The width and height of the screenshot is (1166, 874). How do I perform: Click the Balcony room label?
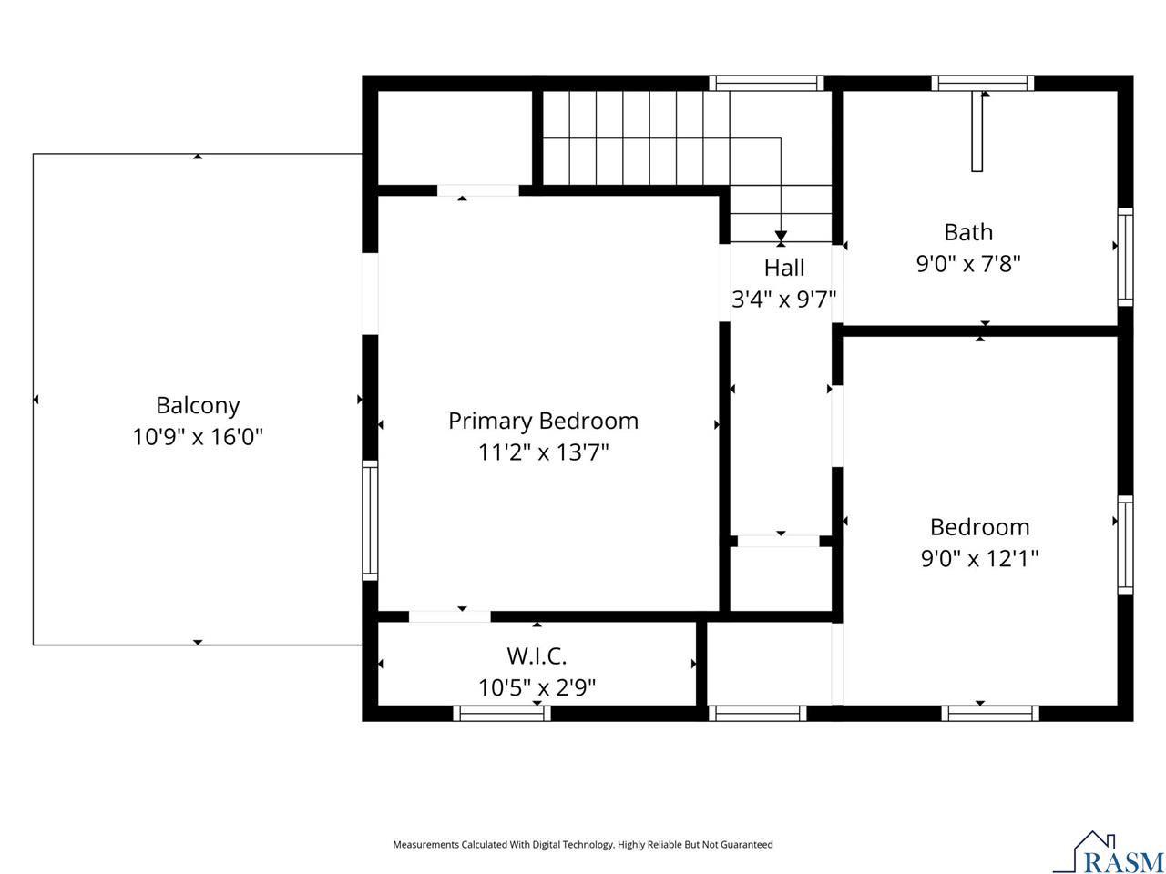coord(198,405)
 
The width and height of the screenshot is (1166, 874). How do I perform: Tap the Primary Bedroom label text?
coord(543,421)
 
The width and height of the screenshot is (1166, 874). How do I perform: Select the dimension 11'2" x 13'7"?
coord(543,452)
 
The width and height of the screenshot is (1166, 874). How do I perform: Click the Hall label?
coord(783,268)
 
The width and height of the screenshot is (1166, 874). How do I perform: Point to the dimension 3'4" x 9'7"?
coord(783,299)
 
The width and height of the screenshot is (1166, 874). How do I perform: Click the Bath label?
coord(967,232)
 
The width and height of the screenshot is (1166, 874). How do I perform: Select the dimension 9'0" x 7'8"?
coord(967,264)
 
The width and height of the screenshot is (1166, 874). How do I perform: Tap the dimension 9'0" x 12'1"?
coord(979,558)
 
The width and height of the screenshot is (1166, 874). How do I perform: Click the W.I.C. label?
coord(537,655)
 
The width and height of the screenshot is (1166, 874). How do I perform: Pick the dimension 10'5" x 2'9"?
coord(537,687)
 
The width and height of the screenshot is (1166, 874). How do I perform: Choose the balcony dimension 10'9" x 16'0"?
coord(198,437)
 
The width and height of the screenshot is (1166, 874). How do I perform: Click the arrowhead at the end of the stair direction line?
coord(781,237)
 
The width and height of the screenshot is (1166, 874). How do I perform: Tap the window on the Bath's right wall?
coord(1125,257)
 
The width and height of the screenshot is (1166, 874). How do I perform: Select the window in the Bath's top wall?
coord(982,84)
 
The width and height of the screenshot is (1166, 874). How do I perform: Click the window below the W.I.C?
coord(502,713)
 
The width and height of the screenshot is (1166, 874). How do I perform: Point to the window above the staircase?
coord(766,84)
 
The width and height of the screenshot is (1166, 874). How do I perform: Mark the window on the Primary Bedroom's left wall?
coord(370,520)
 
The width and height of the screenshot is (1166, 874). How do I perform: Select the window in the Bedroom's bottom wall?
coord(989,713)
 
